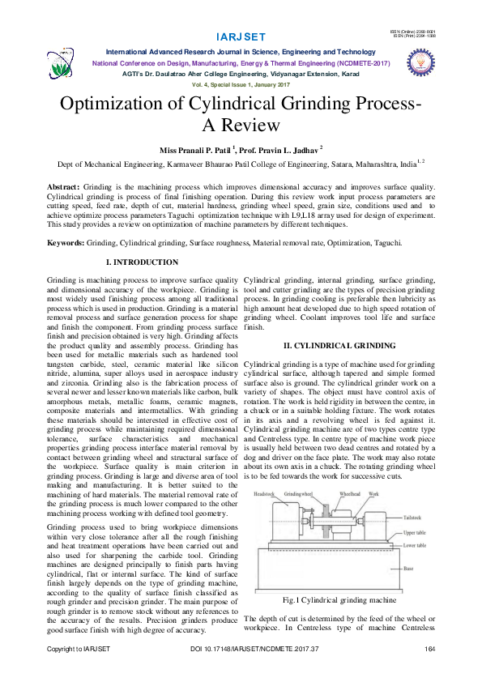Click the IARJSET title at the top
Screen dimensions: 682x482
(241, 37)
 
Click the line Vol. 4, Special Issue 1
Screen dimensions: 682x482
(241, 85)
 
